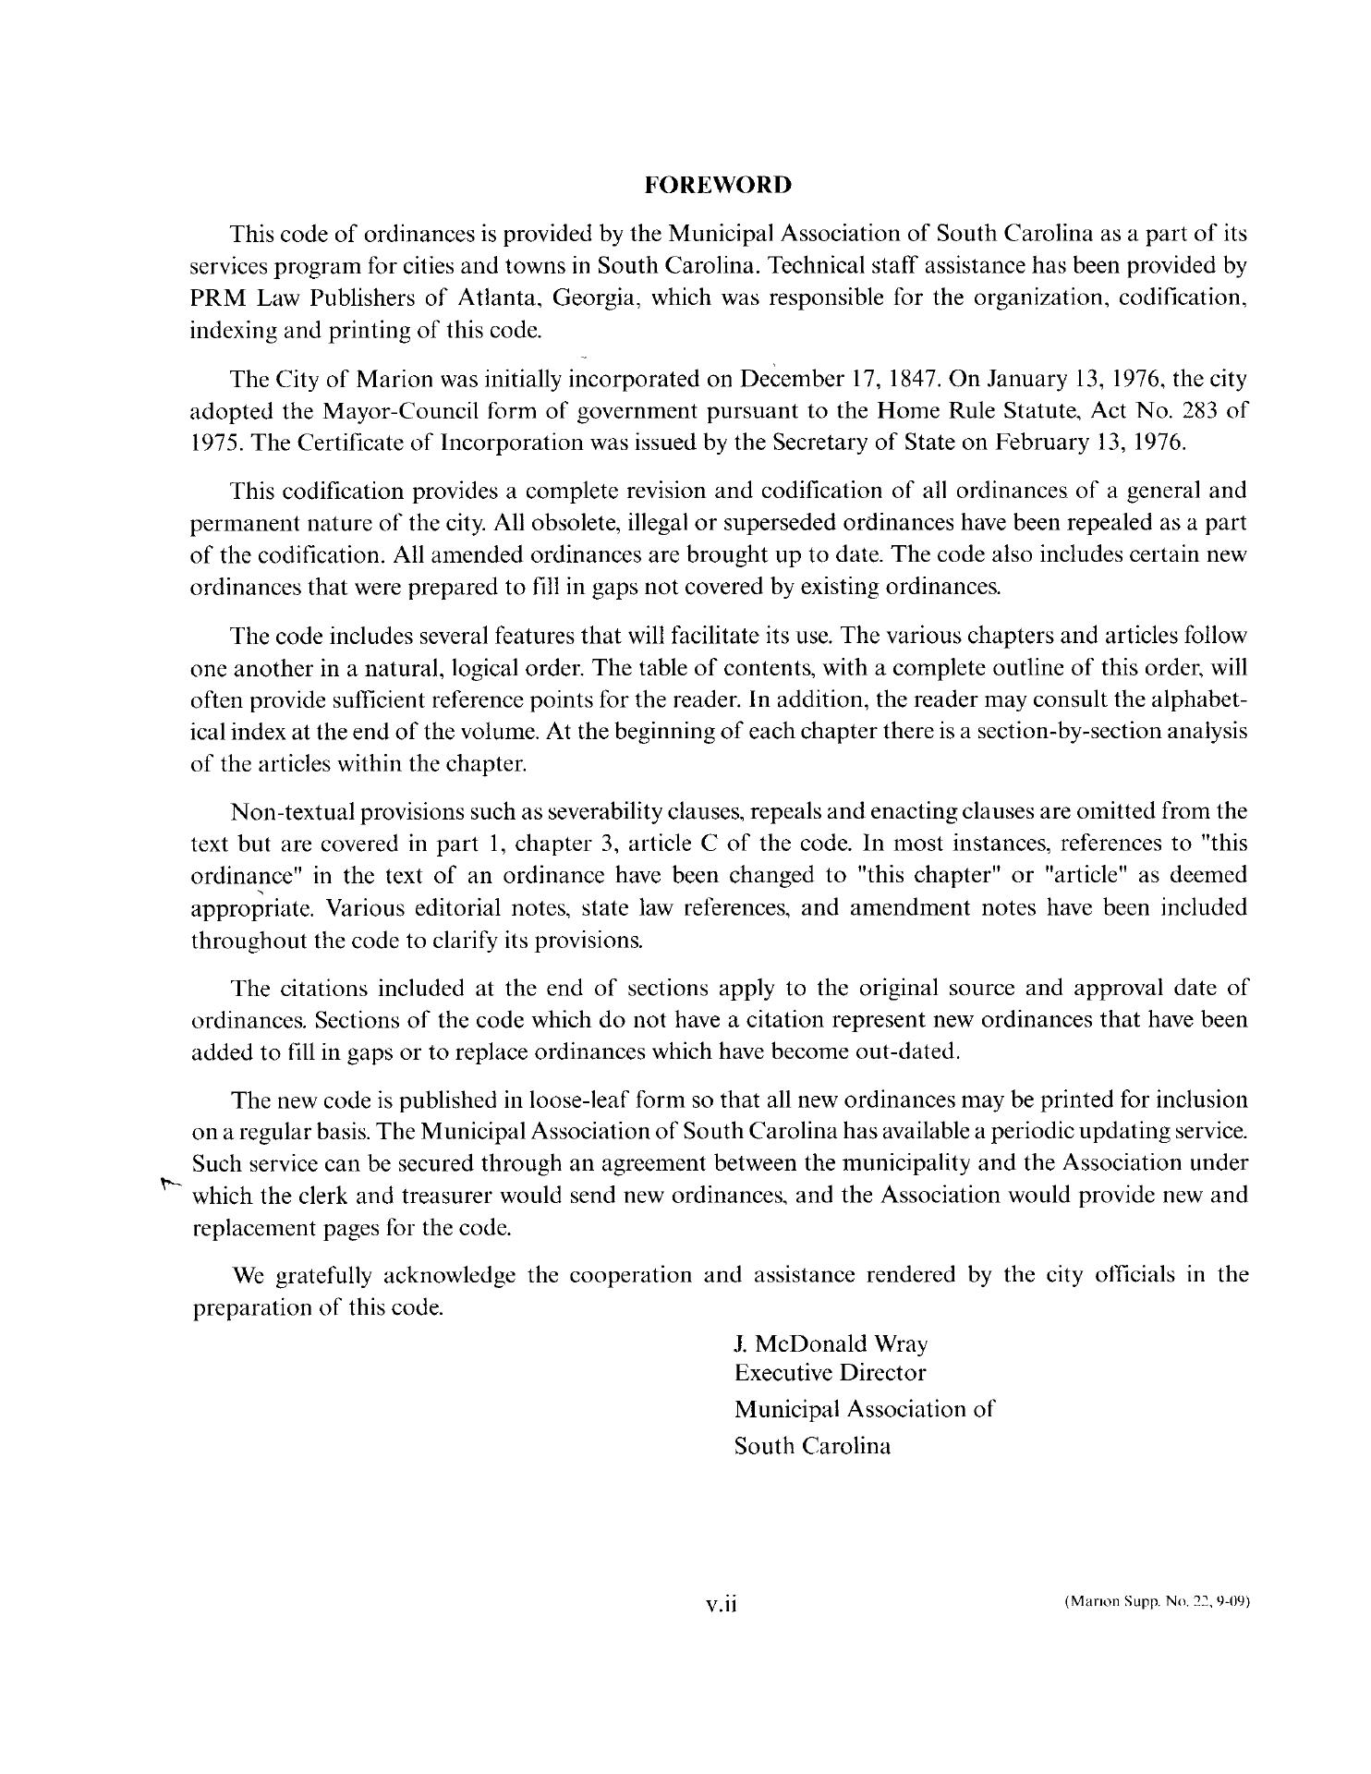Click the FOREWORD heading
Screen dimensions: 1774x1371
click(718, 185)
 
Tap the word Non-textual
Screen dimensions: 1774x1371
click(291, 812)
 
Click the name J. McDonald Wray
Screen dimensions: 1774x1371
click(831, 1343)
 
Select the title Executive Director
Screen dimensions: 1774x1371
click(830, 1373)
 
